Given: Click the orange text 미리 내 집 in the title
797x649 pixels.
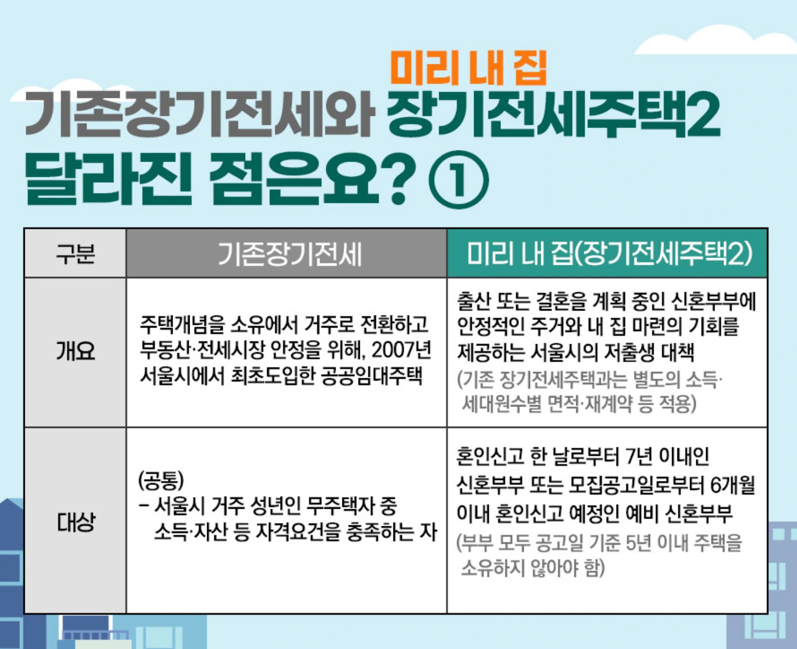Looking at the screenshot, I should point(468,69).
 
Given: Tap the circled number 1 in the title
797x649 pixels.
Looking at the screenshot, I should point(459,180).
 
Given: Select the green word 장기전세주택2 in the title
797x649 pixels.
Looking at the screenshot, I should point(553,116).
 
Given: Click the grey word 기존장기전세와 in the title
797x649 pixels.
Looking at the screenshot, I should point(200,116).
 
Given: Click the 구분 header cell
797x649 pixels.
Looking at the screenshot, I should point(75,254).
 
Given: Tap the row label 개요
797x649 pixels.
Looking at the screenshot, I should point(75,351).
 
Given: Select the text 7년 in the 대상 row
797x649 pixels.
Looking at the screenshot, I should point(638,457).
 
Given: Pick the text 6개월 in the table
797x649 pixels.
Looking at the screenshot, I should point(732,484).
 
